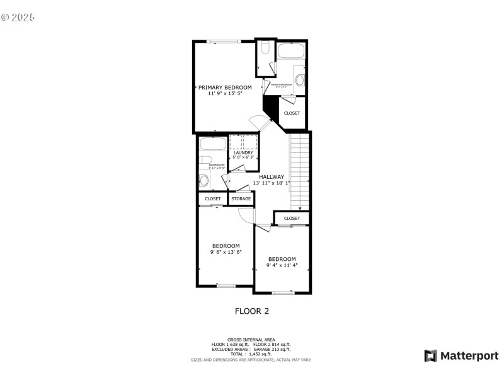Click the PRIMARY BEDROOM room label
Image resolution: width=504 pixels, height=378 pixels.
pos(225,88)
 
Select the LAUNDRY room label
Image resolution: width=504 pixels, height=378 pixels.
pos(243,152)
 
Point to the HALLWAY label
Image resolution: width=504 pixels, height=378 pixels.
pos(272,177)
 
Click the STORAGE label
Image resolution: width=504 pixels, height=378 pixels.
pos(241,199)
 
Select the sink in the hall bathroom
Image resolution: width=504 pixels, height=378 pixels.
pos(203,181)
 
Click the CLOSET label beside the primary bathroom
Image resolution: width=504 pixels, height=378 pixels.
pos(292,113)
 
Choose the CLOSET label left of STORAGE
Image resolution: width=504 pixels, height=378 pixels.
pos(213,199)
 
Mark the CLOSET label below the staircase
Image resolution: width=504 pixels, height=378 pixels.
pos(292,219)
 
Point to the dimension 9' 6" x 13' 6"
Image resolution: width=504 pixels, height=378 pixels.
pos(226,252)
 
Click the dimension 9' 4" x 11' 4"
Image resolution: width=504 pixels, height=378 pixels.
pos(282,265)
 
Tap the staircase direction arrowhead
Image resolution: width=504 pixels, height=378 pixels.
pos(300,208)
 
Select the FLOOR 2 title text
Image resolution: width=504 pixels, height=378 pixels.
pos(252,311)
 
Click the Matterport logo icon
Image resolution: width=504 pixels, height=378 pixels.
pos(431,356)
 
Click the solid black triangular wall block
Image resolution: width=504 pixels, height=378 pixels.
pos(270,105)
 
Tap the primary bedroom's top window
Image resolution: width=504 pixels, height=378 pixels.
pos(223,42)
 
